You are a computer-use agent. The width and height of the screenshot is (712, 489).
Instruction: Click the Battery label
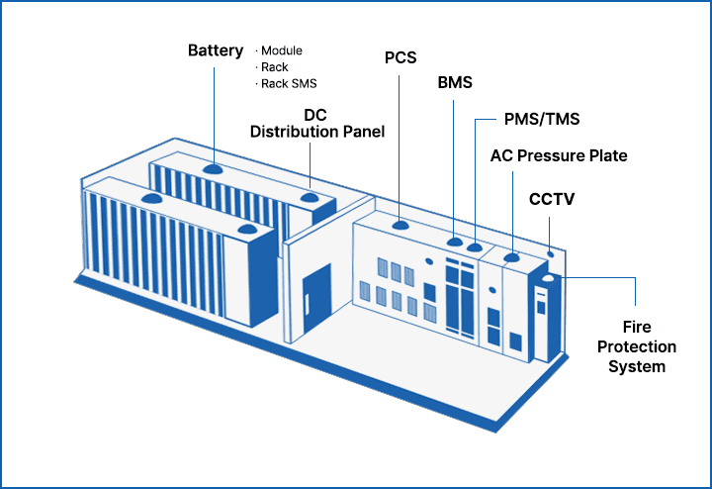pos(216,50)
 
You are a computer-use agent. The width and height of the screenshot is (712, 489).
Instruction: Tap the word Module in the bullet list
pos(282,50)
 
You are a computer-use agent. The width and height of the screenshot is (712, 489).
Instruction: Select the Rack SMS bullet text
pos(289,83)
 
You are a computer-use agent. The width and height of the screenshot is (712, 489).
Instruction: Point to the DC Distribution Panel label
pos(317,123)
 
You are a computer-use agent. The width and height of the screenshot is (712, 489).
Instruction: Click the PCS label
pos(400,57)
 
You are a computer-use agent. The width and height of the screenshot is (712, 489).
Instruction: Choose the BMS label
pos(455,83)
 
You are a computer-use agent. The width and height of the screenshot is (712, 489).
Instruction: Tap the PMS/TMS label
pos(542,119)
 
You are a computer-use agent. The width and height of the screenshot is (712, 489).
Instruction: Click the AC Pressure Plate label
pos(559,155)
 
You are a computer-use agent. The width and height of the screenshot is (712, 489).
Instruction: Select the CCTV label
pos(552,199)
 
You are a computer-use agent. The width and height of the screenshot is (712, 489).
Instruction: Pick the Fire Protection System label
pos(637,346)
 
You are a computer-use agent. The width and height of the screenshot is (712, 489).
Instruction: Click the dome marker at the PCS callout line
pos(400,225)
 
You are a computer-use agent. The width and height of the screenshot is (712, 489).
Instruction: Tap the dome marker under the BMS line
pos(455,242)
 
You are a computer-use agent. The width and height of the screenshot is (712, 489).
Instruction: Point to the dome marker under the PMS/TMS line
pos(475,247)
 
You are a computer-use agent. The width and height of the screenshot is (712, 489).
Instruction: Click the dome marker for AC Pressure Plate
pos(512,257)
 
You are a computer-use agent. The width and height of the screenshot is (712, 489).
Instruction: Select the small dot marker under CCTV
pos(551,254)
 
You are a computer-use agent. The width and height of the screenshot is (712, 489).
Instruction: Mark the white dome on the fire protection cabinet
pos(549,278)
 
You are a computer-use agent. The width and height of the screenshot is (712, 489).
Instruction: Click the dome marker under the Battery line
pos(213,168)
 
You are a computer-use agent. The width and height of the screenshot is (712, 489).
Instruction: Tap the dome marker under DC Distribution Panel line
pos(310,198)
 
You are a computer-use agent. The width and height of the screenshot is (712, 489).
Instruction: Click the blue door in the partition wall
pos(317,299)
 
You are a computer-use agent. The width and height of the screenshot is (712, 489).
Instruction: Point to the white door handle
pos(307,304)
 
